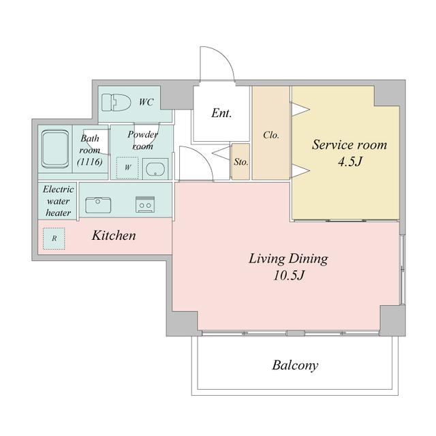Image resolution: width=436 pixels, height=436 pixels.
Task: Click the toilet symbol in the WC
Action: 116,102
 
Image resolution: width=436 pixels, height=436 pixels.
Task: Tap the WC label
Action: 146,102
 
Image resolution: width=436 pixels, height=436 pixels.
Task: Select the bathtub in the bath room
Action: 55,149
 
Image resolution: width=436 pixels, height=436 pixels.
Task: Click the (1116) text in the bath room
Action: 89,161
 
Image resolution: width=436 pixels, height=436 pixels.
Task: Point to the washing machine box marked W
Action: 127,168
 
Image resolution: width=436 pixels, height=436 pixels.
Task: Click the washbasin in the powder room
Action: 155,169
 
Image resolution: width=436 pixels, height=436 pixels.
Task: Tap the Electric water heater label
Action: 58,201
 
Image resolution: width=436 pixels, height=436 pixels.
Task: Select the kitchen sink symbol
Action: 98,205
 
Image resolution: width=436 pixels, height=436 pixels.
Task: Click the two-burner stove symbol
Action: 145,204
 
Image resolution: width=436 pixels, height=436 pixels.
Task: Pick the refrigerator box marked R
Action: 54,238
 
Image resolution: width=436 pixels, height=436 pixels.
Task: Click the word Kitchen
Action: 114,236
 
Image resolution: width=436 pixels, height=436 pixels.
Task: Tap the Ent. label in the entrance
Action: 221,113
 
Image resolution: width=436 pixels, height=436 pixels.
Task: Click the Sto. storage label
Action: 240,162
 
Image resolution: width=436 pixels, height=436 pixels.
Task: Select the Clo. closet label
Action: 271,135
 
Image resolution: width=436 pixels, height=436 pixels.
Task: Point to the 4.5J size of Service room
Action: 350,161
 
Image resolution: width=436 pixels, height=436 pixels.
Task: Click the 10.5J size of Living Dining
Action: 289,275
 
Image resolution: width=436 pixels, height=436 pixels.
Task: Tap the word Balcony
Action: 295,365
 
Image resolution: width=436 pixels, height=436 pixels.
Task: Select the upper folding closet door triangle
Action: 300,109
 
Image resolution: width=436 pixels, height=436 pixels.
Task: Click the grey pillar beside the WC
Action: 177,97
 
